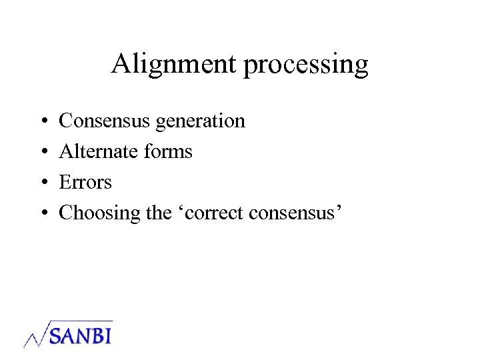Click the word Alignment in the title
173,64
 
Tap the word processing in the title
305,65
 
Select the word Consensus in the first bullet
105,121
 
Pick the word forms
167,151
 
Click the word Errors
85,182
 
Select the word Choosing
100,213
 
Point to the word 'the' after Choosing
158,213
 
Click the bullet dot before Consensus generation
43,122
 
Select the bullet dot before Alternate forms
43,153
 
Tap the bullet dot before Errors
43,183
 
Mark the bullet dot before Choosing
43,214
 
